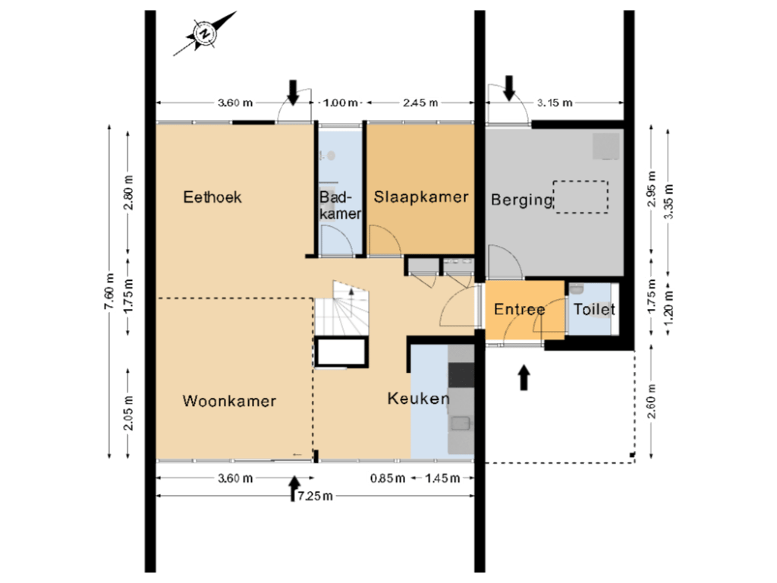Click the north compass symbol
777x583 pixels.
pyautogui.click(x=204, y=33)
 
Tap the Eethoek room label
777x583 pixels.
pyautogui.click(x=212, y=197)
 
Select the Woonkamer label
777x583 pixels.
pyautogui.click(x=229, y=402)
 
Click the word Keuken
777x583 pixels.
pyautogui.click(x=418, y=399)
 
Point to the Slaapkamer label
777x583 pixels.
pyautogui.click(x=421, y=197)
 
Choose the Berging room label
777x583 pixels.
pyautogui.click(x=521, y=200)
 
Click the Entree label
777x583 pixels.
pyautogui.click(x=520, y=310)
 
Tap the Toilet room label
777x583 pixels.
pyautogui.click(x=593, y=310)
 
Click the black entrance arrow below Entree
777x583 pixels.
pyautogui.click(x=524, y=377)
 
